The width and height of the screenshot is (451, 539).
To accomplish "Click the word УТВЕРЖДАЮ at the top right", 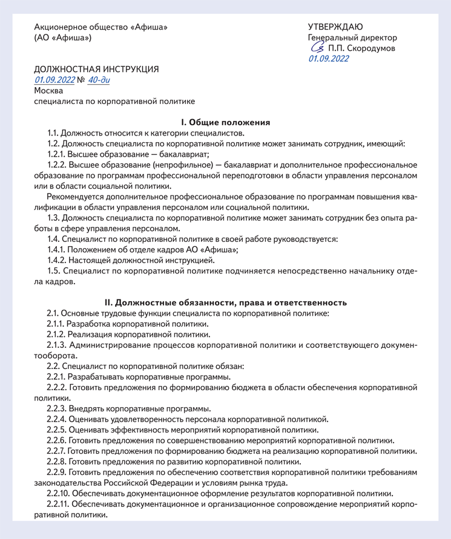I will pyautogui.click(x=335, y=27).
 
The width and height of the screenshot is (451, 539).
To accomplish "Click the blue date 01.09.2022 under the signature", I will pyautogui.click(x=329, y=59).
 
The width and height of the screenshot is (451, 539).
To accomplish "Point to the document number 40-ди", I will pyautogui.click(x=99, y=80).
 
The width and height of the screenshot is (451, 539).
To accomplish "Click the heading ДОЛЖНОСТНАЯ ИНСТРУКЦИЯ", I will pyautogui.click(x=96, y=69).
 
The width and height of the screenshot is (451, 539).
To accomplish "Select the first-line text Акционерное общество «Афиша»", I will pyautogui.click(x=100, y=27).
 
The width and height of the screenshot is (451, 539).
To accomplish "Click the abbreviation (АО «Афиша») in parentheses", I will pyautogui.click(x=63, y=38).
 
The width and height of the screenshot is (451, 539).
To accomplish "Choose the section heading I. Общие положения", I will pyautogui.click(x=225, y=122).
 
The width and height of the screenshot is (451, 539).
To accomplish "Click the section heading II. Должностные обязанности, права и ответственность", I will pyautogui.click(x=225, y=301).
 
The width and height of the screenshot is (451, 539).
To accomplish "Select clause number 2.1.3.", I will pyautogui.click(x=56, y=345).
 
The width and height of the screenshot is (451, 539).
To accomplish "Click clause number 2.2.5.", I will pyautogui.click(x=56, y=430).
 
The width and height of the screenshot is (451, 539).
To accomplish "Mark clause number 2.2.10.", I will pyautogui.click(x=58, y=494).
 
